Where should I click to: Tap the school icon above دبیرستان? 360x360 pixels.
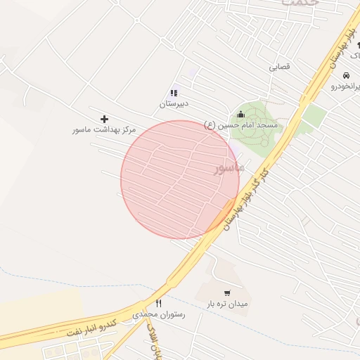point(174,92)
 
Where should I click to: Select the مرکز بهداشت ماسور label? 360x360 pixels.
point(103,130)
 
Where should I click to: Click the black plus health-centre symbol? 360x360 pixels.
point(105,119)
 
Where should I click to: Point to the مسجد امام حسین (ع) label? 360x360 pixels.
point(241,124)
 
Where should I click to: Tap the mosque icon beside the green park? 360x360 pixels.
point(241,115)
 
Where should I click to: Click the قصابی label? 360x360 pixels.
point(279,67)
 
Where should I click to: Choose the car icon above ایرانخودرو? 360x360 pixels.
point(346,75)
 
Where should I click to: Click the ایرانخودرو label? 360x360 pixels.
point(345,86)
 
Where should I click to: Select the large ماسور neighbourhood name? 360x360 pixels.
point(229,168)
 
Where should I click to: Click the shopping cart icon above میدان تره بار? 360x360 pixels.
point(226,292)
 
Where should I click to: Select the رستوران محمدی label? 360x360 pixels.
point(163,315)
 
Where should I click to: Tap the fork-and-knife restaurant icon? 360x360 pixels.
point(158,304)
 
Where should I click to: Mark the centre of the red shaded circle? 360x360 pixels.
point(180,179)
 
